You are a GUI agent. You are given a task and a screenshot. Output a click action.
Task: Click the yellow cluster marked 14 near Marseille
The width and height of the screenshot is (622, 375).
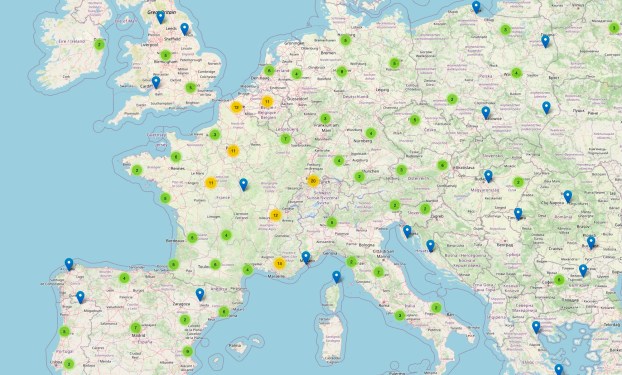pyautogui.click(x=279, y=263)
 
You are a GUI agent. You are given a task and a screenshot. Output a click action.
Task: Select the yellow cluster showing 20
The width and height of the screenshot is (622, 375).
pyautogui.click(x=313, y=181)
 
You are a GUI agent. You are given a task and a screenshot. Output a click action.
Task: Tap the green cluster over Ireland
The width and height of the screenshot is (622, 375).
pyautogui.click(x=99, y=44)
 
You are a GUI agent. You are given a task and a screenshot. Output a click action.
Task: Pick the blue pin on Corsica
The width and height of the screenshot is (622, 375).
pyautogui.click(x=336, y=277)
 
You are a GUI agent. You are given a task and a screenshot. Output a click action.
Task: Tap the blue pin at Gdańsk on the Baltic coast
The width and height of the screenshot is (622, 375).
pyautogui.click(x=476, y=7)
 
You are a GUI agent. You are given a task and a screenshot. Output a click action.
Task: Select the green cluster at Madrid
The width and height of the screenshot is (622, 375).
pyautogui.click(x=135, y=327)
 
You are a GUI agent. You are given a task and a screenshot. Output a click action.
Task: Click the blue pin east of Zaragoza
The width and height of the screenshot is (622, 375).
pyautogui.click(x=200, y=294)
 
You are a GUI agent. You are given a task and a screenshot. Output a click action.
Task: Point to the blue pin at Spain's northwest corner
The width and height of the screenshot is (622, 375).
pyautogui.click(x=69, y=264)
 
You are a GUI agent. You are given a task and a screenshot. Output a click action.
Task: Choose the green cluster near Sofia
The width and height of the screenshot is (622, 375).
pyautogui.click(x=560, y=280)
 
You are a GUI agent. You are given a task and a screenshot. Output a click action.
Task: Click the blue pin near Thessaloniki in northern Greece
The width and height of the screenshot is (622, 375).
pyautogui.click(x=536, y=326)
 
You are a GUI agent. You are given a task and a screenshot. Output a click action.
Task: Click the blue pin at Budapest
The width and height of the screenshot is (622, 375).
pyautogui.click(x=488, y=176)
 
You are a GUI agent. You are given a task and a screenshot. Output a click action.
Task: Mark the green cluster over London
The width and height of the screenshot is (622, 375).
pyautogui.click(x=190, y=87)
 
